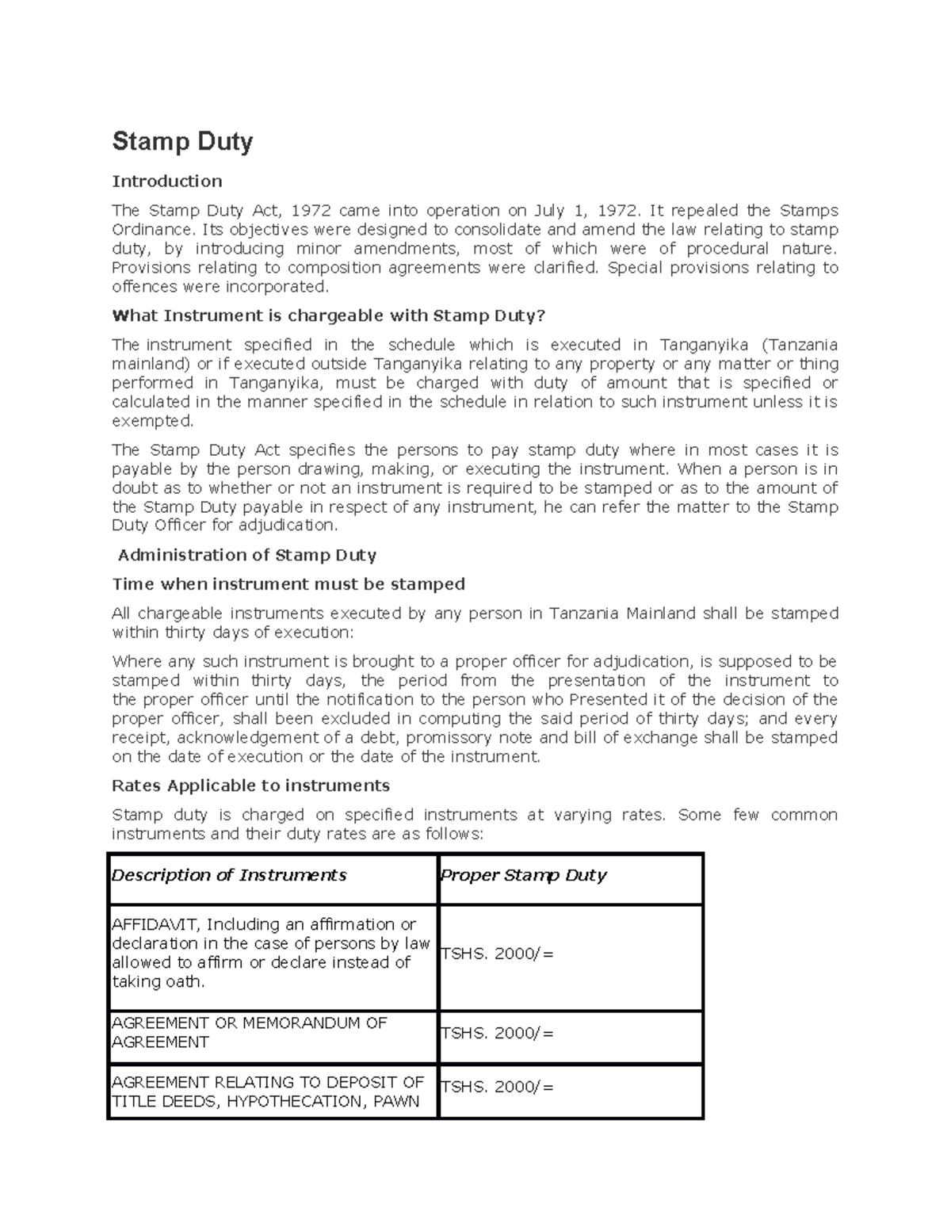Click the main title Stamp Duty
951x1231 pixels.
point(182,142)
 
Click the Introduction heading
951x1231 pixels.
point(167,182)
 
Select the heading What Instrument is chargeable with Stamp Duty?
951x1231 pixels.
point(329,316)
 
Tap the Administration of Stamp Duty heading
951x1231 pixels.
point(246,555)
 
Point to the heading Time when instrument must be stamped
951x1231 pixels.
point(288,584)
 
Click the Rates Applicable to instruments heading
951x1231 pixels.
point(251,786)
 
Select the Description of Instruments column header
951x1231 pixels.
point(229,875)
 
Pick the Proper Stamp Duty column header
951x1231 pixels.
point(523,875)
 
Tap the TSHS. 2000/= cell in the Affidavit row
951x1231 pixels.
point(497,954)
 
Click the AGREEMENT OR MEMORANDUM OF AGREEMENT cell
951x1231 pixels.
point(249,1032)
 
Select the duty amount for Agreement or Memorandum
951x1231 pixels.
point(497,1033)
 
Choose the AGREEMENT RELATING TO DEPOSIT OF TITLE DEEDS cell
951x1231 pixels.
point(267,1091)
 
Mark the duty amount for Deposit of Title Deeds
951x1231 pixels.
point(497,1087)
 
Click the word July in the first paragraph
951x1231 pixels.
point(549,211)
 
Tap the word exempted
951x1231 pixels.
point(152,421)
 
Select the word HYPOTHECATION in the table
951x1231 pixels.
point(293,1101)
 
